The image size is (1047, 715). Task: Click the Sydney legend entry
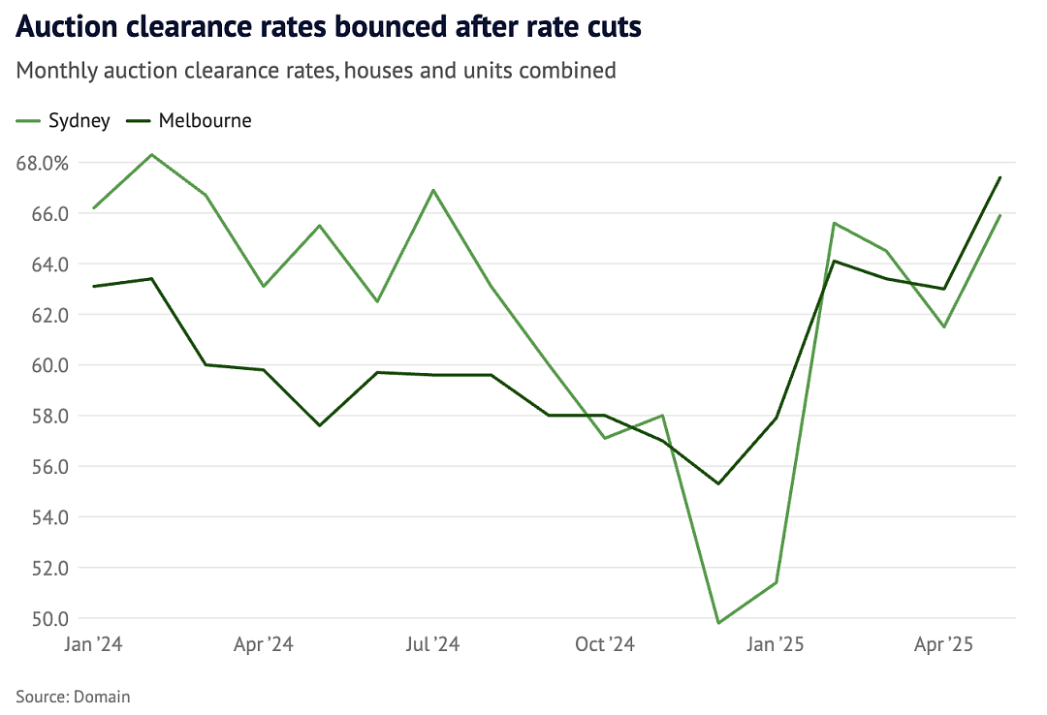point(63,121)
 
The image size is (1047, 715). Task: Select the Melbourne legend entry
point(189,121)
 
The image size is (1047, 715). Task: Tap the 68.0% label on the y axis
point(42,163)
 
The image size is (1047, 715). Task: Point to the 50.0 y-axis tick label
point(50,619)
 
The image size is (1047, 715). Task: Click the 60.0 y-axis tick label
point(50,365)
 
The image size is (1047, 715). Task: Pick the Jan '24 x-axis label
point(93,644)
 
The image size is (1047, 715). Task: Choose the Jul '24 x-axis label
point(432,644)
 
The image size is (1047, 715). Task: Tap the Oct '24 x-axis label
point(605,644)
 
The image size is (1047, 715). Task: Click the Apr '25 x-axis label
point(943,644)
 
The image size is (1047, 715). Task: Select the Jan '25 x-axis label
point(775,644)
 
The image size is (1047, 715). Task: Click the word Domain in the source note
point(102,697)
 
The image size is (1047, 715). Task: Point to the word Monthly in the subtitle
point(57,71)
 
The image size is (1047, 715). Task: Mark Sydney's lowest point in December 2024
point(718,623)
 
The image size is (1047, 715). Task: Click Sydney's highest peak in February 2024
point(152,155)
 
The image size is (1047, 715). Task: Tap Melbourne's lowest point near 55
point(718,483)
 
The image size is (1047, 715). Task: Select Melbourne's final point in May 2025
point(1000,177)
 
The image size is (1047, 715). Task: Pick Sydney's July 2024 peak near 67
point(434,190)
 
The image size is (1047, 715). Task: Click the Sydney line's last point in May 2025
point(1000,216)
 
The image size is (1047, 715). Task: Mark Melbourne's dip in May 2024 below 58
point(320,425)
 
